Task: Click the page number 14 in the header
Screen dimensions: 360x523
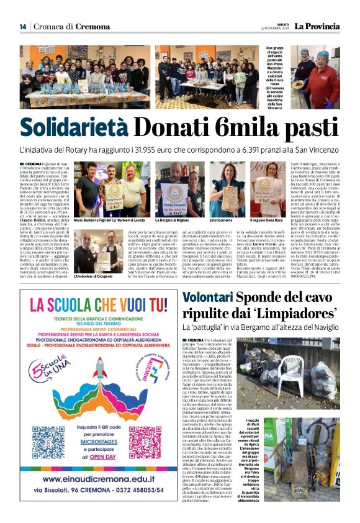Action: tap(23, 26)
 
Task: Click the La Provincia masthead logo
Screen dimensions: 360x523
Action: tap(317, 26)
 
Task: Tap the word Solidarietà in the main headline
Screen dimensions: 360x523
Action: tap(74, 127)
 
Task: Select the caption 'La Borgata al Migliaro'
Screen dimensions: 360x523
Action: tap(171, 220)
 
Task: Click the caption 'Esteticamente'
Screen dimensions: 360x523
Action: tap(221, 220)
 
